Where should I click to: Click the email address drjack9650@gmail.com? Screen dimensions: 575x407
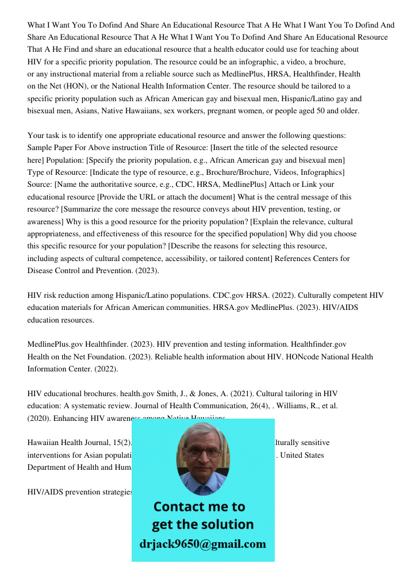click(202, 544)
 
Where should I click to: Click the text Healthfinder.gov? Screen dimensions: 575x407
click(318, 344)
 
